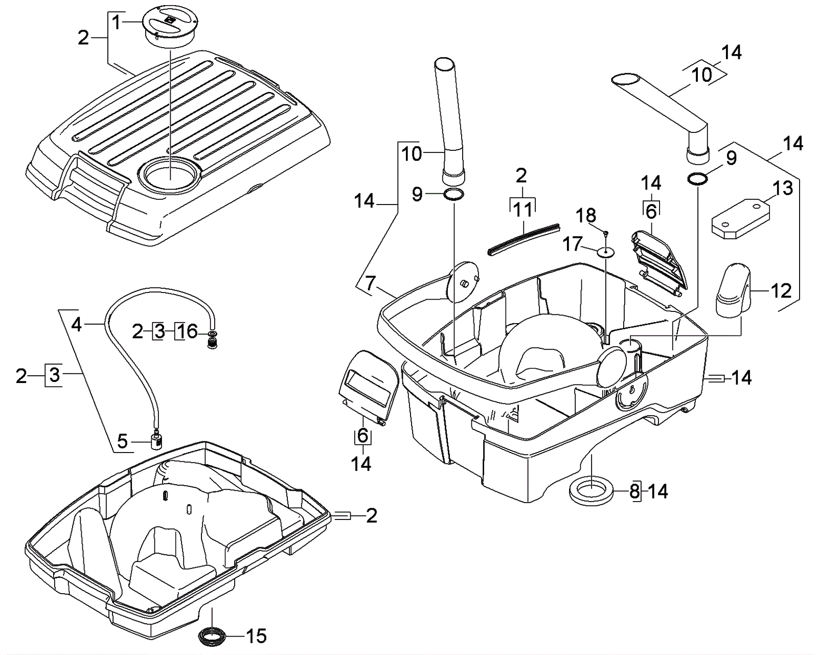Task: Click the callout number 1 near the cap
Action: point(117,22)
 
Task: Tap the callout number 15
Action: point(256,636)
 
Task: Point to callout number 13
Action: point(782,188)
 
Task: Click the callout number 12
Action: point(781,291)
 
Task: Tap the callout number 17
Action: point(573,244)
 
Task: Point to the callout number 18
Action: point(586,216)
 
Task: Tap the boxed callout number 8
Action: point(634,492)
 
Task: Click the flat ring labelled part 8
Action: point(591,491)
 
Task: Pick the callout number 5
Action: point(122,441)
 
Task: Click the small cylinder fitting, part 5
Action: point(156,440)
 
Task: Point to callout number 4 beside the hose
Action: point(76,324)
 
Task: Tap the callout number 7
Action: point(370,283)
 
